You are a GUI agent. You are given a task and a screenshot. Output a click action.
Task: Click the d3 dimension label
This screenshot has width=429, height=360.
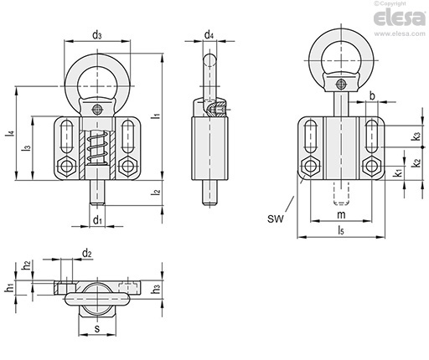coord(97,35)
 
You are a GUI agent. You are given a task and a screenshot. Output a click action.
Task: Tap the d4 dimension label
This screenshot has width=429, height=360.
coord(209,35)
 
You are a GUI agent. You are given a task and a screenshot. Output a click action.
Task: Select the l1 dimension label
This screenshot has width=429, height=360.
coord(156,116)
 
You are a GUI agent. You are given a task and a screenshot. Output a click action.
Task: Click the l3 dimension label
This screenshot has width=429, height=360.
coord(27,148)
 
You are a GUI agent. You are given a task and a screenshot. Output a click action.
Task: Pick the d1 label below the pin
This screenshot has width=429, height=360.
coord(97,220)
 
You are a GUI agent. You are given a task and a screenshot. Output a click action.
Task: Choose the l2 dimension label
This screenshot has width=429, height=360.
coord(156,192)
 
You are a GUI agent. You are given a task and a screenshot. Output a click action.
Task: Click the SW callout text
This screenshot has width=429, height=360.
coord(276,219)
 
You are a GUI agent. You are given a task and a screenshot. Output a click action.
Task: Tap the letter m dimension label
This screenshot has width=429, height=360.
coord(341,215)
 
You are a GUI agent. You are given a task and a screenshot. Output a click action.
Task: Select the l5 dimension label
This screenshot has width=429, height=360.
coord(341,230)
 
